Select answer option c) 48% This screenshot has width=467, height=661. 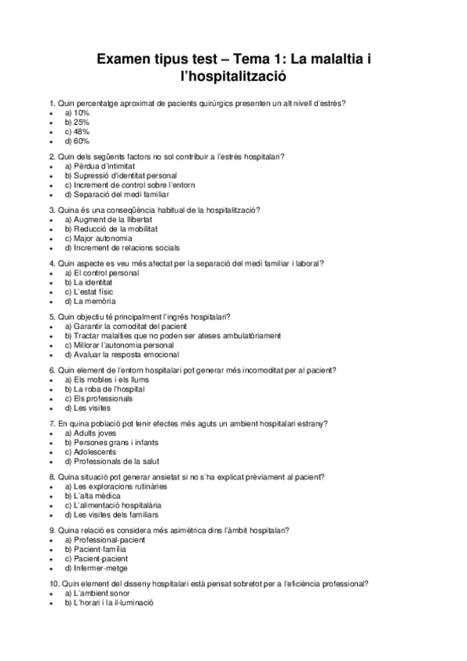click(77, 132)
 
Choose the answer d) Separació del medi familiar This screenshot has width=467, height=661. click(116, 194)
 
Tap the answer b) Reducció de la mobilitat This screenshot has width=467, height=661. click(111, 229)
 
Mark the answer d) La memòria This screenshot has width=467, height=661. click(90, 301)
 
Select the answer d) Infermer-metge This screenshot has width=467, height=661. click(97, 567)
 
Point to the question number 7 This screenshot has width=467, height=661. click(51, 423)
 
